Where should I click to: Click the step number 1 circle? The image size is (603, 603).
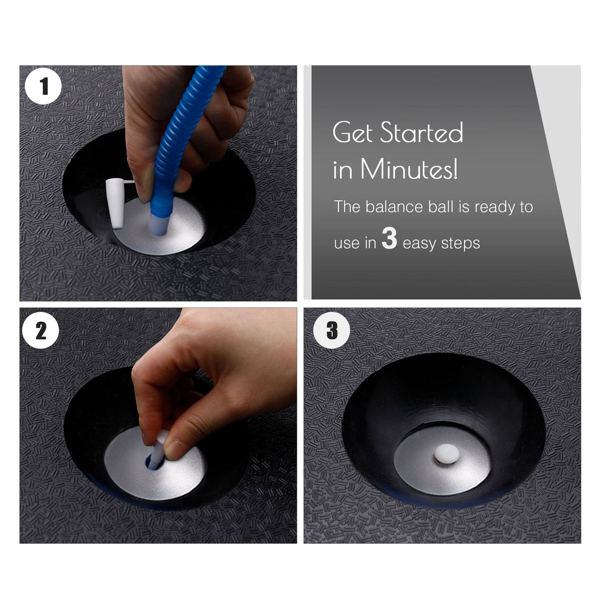(x=43, y=86)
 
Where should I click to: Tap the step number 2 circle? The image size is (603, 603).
(x=41, y=330)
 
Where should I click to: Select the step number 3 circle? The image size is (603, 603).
(x=332, y=330)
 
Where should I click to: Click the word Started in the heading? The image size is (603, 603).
(x=422, y=132)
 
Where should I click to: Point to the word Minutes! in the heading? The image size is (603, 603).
(x=409, y=169)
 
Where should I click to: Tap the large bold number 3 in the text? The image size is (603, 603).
(x=389, y=238)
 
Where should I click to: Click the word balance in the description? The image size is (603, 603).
(x=394, y=207)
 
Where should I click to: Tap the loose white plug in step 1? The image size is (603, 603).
(x=115, y=203)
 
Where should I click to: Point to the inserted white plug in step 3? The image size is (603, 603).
(x=447, y=453)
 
